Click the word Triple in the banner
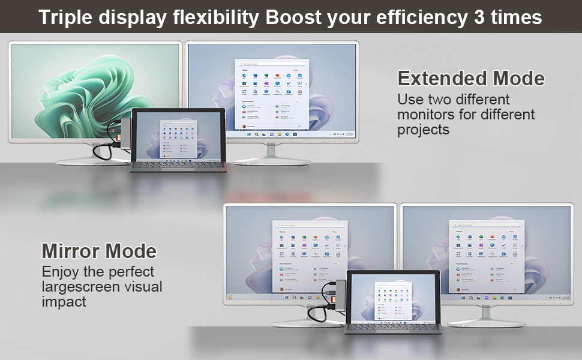pos(67,17)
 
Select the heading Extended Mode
pos(471,79)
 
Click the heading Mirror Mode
pos(99,251)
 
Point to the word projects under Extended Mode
pos(424,130)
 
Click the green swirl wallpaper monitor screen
pos(95,90)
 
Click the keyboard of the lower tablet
pos(394,326)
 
